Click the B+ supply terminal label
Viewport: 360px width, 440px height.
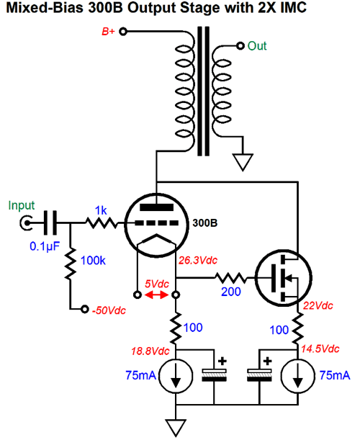click(108, 31)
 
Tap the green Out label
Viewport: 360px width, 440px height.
click(257, 46)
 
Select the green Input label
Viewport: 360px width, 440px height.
click(22, 206)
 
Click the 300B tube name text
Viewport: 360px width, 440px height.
click(204, 223)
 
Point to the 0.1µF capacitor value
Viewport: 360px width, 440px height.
click(45, 246)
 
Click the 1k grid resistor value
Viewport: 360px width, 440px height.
click(101, 210)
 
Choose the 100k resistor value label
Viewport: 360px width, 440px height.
click(93, 261)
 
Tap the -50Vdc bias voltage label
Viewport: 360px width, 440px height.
click(109, 310)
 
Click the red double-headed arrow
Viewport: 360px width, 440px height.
click(156, 295)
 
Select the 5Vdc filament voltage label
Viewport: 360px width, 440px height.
click(157, 284)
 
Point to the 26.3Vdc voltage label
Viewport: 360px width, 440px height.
click(198, 261)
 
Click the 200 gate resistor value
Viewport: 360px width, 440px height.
click(231, 292)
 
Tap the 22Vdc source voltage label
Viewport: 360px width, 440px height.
click(318, 305)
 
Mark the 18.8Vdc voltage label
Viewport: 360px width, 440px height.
click(150, 351)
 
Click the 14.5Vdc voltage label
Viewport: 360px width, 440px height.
click(320, 349)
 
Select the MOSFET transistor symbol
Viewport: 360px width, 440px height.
click(284, 278)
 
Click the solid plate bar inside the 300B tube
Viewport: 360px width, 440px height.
click(156, 207)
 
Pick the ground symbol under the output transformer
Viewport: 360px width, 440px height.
click(243, 162)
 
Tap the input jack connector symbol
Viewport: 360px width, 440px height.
click(26, 223)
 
